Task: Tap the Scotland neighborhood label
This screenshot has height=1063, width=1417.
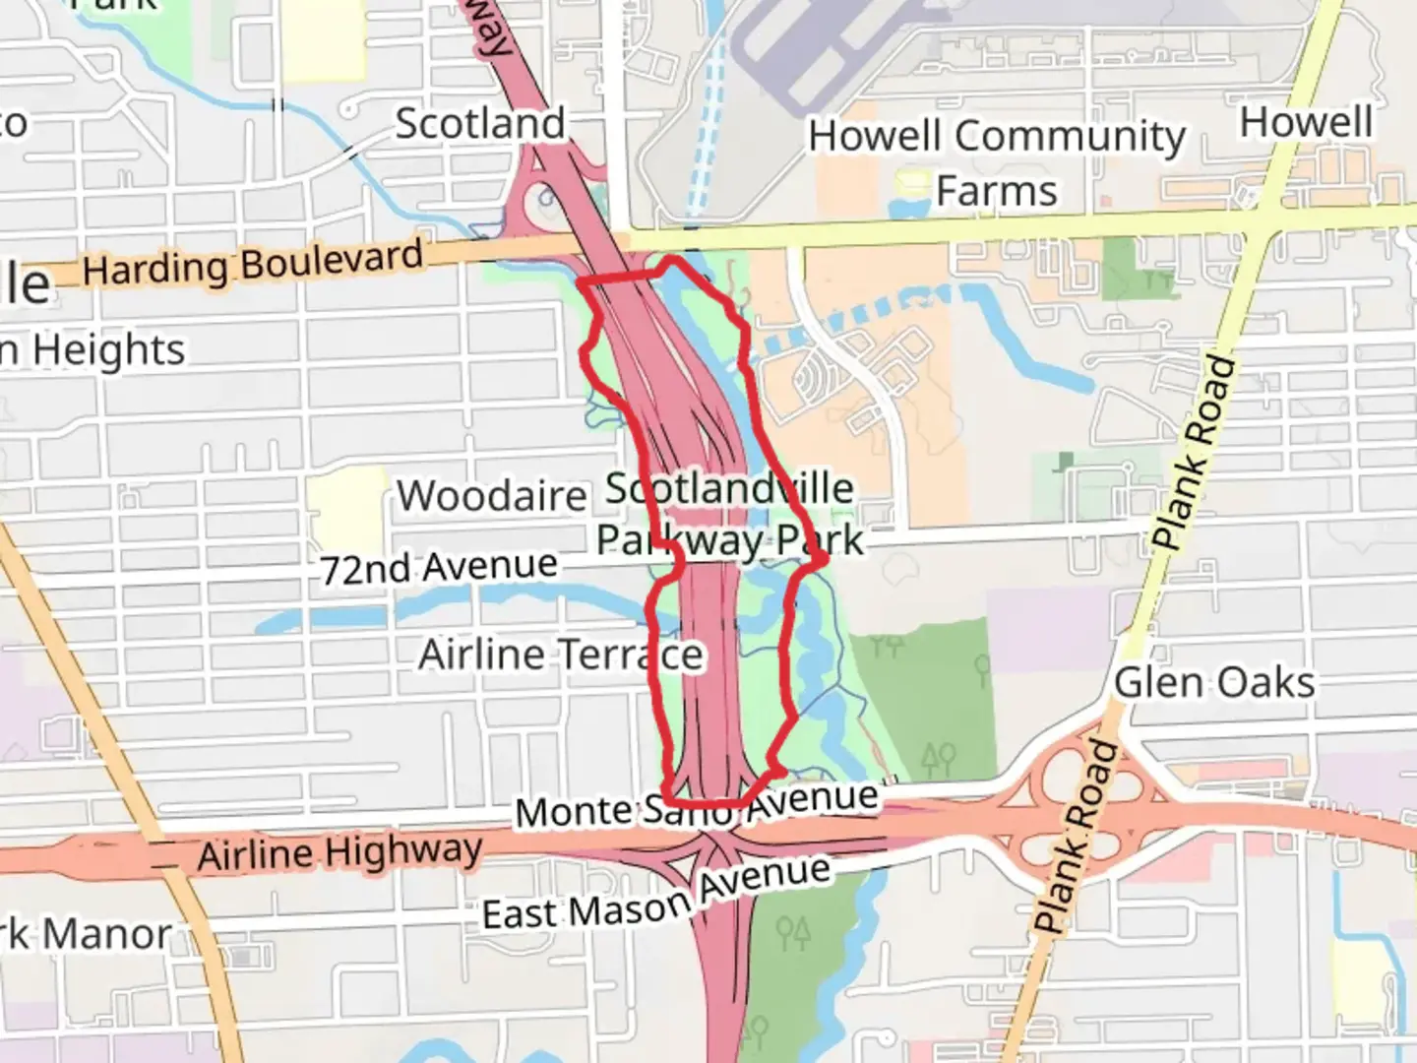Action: pyautogui.click(x=480, y=124)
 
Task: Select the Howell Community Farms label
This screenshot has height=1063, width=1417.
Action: pyautogui.click(x=997, y=161)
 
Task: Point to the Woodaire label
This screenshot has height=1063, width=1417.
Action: pyautogui.click(x=492, y=495)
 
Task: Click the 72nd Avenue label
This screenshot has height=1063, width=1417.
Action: pyautogui.click(x=439, y=567)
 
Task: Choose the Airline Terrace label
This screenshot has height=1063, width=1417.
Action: pyautogui.click(x=561, y=655)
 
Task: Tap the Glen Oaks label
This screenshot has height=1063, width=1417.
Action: pyautogui.click(x=1214, y=682)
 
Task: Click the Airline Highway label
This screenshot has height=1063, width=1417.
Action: pyautogui.click(x=339, y=852)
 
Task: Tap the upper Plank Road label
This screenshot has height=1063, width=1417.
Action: pyautogui.click(x=1194, y=453)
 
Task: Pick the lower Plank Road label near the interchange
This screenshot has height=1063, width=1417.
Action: pyautogui.click(x=1077, y=837)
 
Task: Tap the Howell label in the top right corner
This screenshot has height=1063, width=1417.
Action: pyautogui.click(x=1306, y=122)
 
